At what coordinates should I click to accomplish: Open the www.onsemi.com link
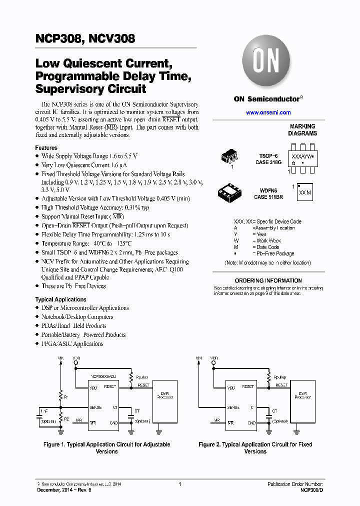pyautogui.click(x=268, y=112)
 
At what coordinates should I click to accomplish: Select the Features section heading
pyautogui.click(x=46, y=148)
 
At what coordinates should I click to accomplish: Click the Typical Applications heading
pyautogui.click(x=60, y=299)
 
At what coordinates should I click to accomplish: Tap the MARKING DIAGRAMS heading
pyautogui.click(x=302, y=130)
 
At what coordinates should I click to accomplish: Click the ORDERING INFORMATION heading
pyautogui.click(x=268, y=280)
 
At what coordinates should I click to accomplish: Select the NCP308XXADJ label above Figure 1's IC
pyautogui.click(x=103, y=376)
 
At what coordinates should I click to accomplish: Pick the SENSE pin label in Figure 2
pyautogui.click(x=233, y=407)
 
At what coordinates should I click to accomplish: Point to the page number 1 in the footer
pyautogui.click(x=179, y=484)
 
